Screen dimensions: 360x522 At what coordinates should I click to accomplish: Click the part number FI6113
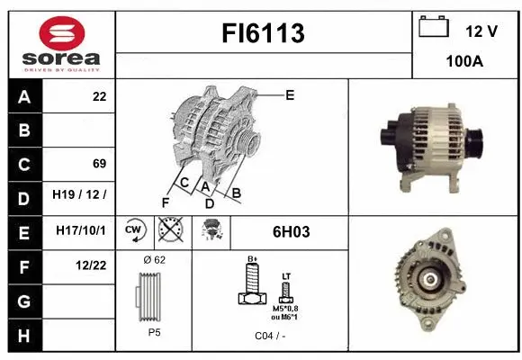[263, 33]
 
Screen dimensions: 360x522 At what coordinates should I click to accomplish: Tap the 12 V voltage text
[481, 31]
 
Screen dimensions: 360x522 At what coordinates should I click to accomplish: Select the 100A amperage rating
[465, 64]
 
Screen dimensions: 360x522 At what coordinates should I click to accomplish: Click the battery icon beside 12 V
[434, 28]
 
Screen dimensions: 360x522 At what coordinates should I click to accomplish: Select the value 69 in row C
[99, 163]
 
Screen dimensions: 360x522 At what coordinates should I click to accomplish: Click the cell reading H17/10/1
[81, 230]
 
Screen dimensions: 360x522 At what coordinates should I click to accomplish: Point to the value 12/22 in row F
[93, 265]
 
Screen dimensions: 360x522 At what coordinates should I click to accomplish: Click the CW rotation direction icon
[134, 230]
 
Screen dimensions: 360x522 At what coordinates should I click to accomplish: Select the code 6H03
[291, 232]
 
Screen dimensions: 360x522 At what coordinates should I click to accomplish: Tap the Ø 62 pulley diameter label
[154, 259]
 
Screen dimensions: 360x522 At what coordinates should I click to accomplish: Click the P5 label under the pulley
[154, 331]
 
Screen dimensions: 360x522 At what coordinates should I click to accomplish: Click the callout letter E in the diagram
[289, 94]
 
